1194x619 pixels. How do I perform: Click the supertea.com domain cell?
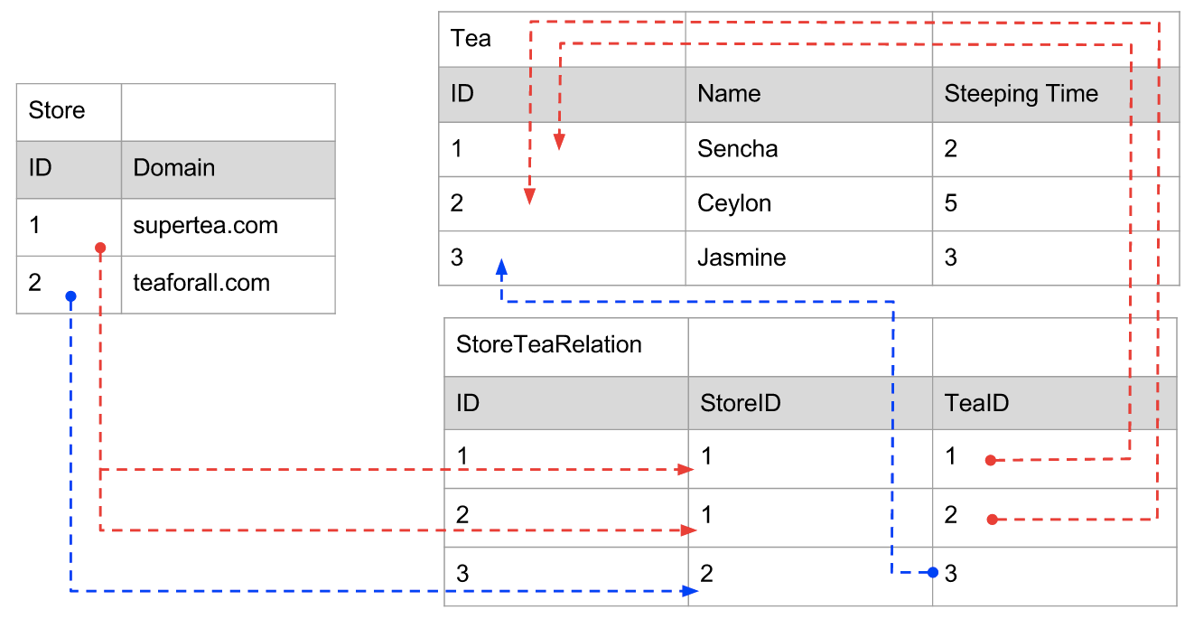point(205,226)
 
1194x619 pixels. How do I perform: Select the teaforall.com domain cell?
point(201,283)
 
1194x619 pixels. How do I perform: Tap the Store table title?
point(57,111)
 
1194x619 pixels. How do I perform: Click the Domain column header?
point(173,168)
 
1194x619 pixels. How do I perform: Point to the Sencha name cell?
point(737,149)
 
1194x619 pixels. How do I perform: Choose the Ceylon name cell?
point(734,203)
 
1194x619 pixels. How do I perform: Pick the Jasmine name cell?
point(742,258)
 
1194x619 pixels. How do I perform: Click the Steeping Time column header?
point(1021,94)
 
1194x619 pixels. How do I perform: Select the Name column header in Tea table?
point(729,94)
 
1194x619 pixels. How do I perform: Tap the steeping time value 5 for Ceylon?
point(950,203)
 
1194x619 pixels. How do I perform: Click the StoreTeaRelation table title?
point(548,345)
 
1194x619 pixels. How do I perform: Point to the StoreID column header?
point(740,403)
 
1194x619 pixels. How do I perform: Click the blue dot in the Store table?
point(70,296)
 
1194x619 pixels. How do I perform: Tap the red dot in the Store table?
point(100,248)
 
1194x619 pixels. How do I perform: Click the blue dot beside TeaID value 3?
point(933,572)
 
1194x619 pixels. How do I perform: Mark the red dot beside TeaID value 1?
point(991,460)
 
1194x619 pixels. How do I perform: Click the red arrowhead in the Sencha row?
point(560,141)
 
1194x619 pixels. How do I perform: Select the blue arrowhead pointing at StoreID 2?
point(690,591)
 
